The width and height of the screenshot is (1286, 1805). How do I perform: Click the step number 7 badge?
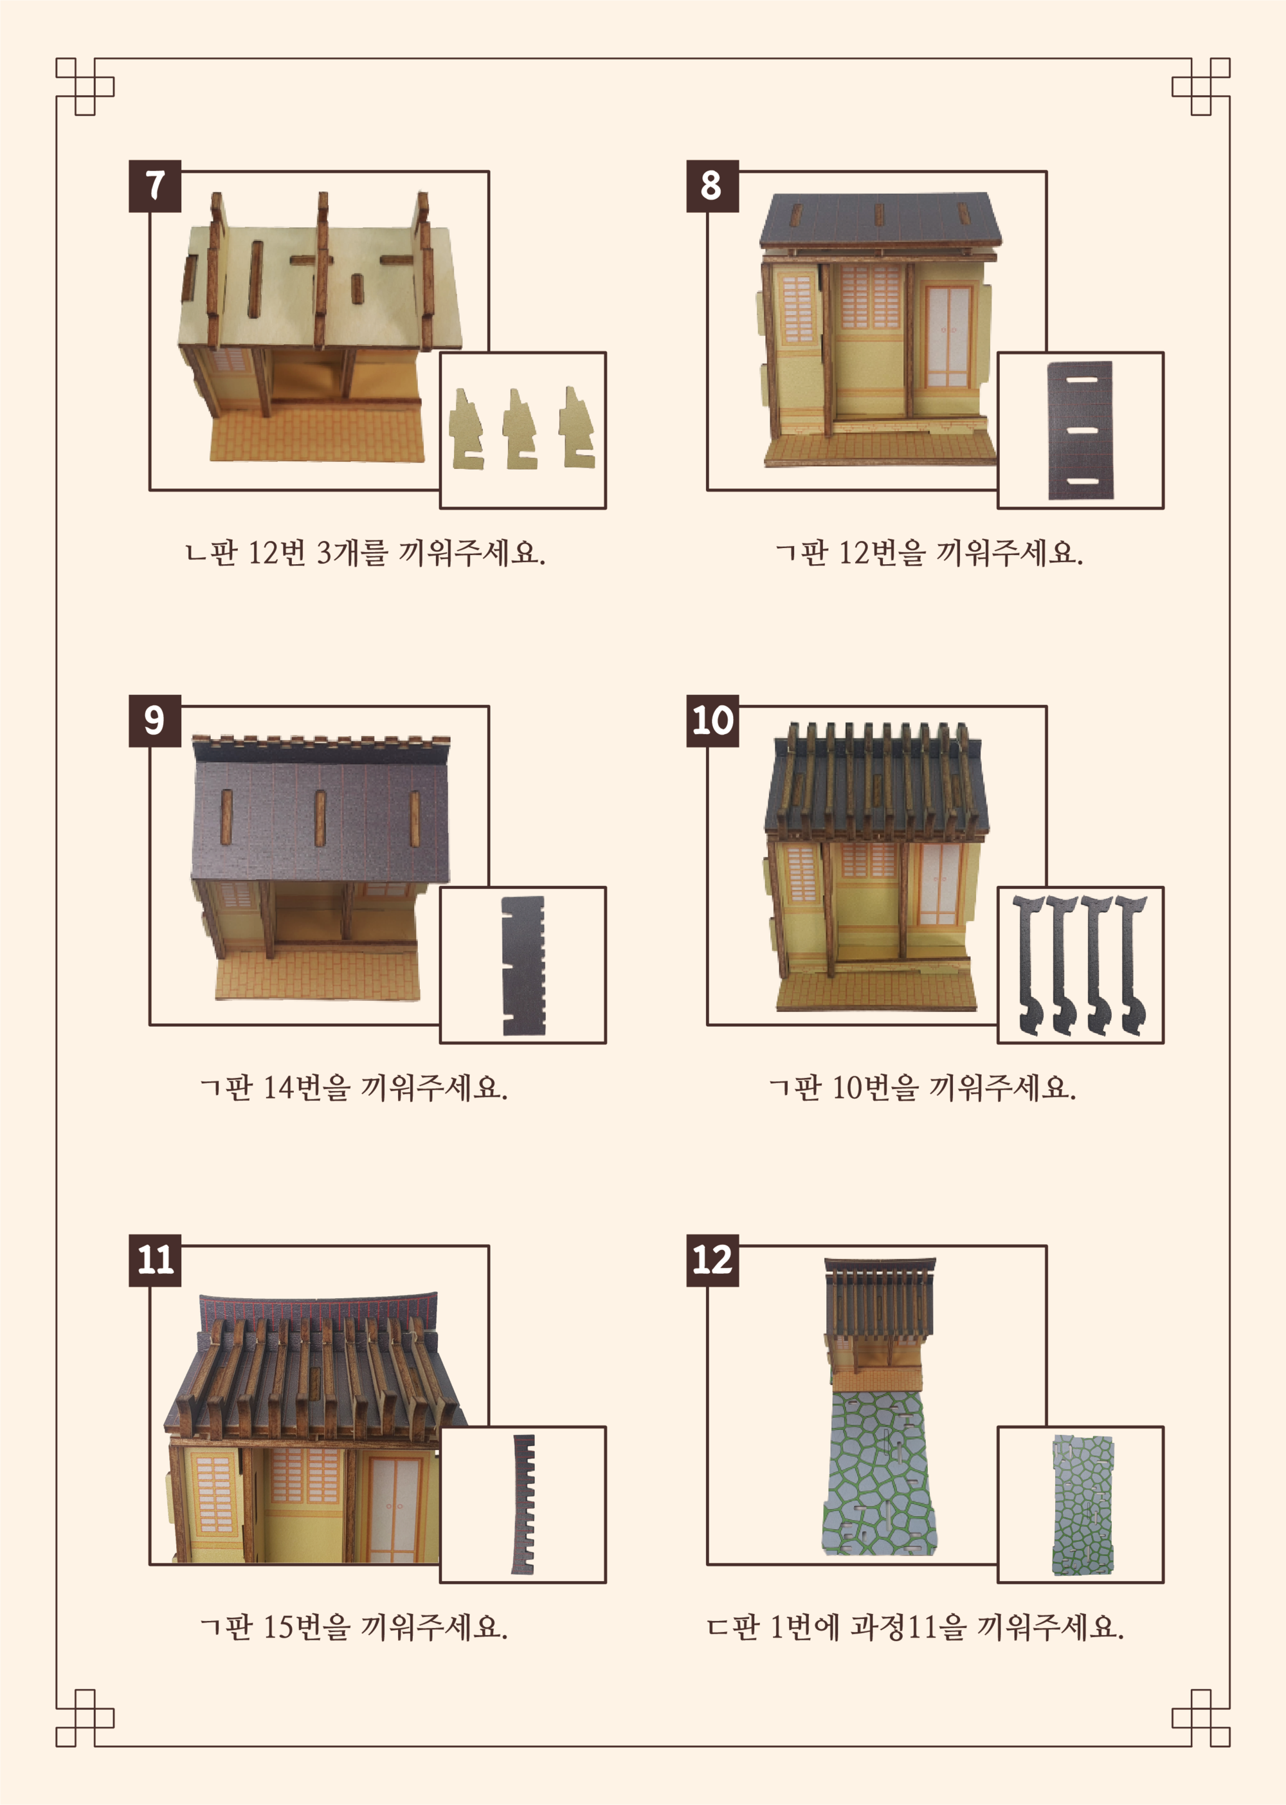coord(155,186)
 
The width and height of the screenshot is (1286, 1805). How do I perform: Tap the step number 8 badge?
coord(712,186)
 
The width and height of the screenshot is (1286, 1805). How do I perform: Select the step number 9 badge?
coord(155,720)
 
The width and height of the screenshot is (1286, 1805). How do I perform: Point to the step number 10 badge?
coord(712,720)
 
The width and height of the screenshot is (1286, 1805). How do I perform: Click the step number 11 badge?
coord(155,1260)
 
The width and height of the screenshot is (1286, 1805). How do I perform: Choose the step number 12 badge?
coord(712,1260)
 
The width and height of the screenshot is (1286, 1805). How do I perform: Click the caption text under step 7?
coord(365,552)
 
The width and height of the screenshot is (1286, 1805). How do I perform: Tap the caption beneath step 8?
coord(929,552)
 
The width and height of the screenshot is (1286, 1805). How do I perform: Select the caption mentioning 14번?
coord(354,1086)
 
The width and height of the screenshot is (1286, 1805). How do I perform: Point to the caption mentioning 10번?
coord(923,1086)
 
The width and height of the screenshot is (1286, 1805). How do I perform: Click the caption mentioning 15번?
coord(354,1627)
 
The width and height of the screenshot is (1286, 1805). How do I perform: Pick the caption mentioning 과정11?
coord(916,1627)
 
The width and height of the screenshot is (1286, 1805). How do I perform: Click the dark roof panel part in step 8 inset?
coord(1080,431)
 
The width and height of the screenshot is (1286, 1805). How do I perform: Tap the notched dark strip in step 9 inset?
coord(523,966)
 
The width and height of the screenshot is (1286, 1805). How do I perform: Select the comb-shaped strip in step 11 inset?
coord(524,1505)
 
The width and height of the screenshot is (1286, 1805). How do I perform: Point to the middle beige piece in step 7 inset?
coord(520,429)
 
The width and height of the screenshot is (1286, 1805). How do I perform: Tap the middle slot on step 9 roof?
coord(320,818)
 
